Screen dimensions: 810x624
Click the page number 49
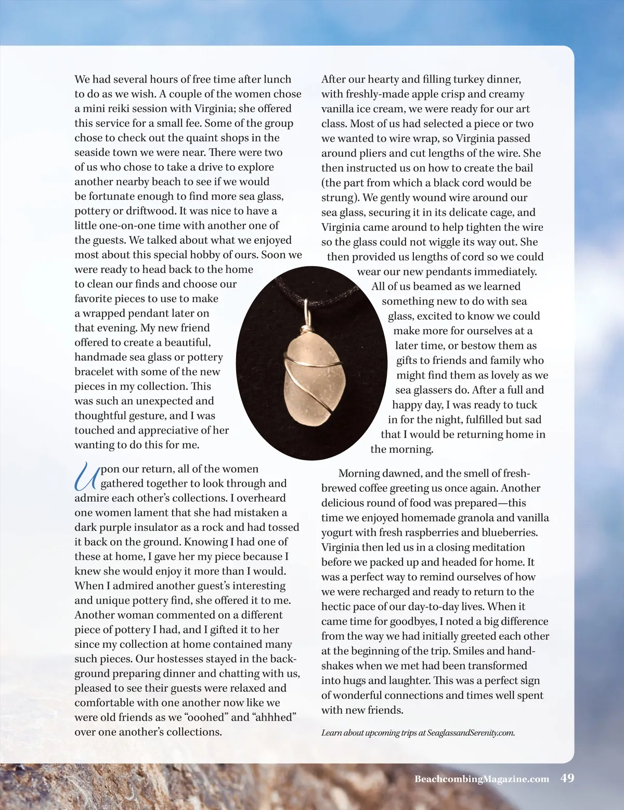point(567,778)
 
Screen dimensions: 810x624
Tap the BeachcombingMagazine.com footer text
point(482,779)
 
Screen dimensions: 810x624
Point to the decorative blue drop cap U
point(86,476)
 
